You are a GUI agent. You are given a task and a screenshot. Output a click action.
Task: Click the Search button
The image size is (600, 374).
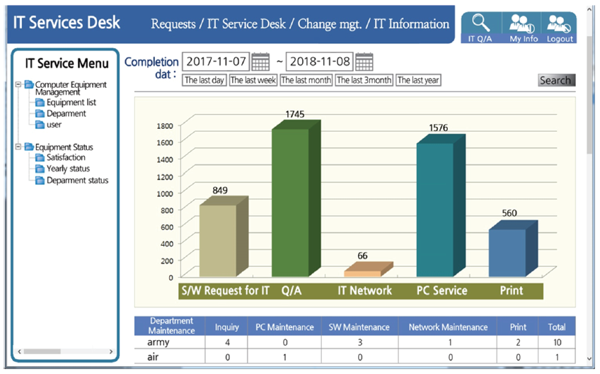click(x=556, y=80)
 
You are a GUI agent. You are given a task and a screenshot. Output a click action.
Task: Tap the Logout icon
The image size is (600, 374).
click(x=560, y=28)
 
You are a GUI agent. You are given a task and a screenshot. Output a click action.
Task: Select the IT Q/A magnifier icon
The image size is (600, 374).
click(x=480, y=28)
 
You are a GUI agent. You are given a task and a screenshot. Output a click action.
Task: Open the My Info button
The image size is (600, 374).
click(x=524, y=28)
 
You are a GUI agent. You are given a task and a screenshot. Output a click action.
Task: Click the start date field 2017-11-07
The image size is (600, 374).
click(x=216, y=62)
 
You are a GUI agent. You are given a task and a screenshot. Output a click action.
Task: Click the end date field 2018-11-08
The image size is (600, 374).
click(x=320, y=62)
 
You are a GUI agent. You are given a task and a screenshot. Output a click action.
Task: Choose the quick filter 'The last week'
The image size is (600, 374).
click(x=253, y=80)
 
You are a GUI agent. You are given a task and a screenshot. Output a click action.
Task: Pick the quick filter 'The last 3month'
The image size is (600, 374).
click(x=364, y=80)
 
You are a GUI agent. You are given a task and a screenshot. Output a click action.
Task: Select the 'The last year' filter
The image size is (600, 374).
click(x=418, y=80)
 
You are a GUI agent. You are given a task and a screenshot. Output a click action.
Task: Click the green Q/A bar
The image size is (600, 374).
click(x=291, y=202)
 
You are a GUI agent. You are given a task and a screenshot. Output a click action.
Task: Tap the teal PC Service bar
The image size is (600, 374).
click(x=435, y=209)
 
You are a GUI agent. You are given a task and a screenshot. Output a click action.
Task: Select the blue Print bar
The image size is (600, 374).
click(x=507, y=251)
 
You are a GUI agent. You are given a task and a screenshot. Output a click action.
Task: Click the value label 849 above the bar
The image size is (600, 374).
click(x=220, y=190)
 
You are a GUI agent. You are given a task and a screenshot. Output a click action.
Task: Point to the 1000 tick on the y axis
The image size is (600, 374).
click(x=165, y=193)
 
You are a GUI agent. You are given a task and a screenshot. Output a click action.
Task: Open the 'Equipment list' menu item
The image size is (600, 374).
click(x=71, y=103)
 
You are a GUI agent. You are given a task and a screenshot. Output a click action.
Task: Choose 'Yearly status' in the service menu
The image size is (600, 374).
click(x=68, y=169)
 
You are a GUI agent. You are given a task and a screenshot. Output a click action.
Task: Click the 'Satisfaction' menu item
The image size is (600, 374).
click(x=66, y=157)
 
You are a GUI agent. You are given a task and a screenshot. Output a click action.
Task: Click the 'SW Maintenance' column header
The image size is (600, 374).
click(x=359, y=327)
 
